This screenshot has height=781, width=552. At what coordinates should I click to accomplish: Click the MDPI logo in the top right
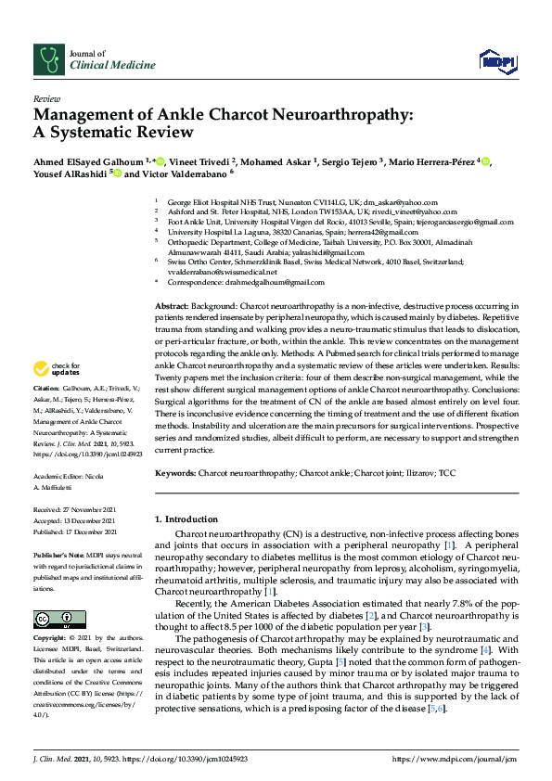(498, 61)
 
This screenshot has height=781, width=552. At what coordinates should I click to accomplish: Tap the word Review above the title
(46, 97)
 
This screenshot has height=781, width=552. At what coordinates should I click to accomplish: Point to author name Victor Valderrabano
(182, 173)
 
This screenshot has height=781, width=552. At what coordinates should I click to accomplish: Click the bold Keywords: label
(176, 473)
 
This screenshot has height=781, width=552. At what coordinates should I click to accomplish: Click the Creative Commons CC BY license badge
(59, 619)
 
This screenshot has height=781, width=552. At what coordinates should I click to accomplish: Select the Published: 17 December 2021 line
(75, 532)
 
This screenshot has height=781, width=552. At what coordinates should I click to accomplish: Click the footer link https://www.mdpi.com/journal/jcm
(454, 758)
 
